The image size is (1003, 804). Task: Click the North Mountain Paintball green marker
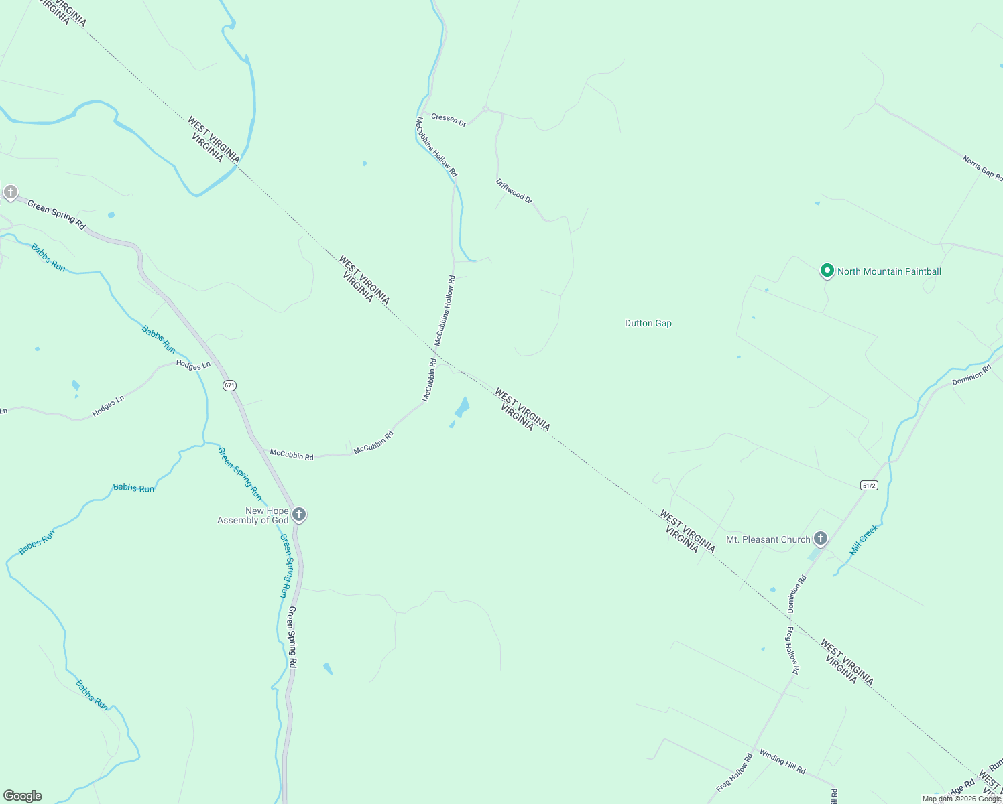pos(827,271)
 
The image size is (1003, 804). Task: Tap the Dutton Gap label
pos(648,323)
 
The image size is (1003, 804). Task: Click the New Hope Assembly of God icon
pos(299,515)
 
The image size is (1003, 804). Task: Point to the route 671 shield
pos(230,385)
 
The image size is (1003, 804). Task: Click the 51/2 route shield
pos(868,485)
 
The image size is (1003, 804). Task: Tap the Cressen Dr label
pos(449,119)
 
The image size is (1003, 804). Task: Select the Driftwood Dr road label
pos(514,191)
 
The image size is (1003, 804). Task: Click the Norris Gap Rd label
pos(982,168)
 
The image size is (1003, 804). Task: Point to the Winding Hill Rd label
pos(782,761)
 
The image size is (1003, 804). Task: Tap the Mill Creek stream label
pos(864,540)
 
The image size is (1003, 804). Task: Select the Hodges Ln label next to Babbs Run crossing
pos(193,365)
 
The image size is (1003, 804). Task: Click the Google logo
pos(23,796)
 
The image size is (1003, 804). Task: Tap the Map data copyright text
pos(961,799)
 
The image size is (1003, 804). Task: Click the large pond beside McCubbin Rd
pos(462,407)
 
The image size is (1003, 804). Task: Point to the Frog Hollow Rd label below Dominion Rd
pos(792,650)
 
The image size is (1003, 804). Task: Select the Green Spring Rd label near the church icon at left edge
pos(56,214)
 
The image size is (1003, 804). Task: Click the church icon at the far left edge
pos(10,193)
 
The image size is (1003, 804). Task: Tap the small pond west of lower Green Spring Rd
pos(328,669)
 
